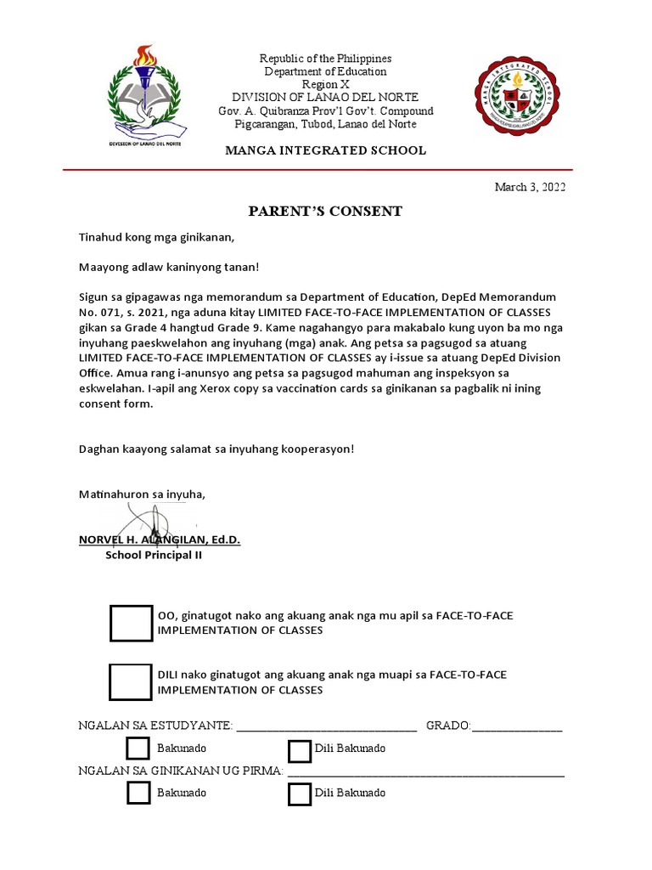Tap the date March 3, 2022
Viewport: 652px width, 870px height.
click(530, 188)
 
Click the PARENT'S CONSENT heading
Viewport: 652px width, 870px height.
click(324, 212)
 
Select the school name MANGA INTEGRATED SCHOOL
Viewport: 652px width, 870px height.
click(325, 150)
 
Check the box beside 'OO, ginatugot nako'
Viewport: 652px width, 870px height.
click(131, 624)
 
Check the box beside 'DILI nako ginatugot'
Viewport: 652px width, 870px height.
click(131, 681)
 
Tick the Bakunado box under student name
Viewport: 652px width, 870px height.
click(138, 749)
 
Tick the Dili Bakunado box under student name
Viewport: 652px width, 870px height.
click(299, 751)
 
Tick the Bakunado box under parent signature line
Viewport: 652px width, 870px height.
click(138, 793)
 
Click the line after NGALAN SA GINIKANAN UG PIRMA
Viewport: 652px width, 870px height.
click(425, 773)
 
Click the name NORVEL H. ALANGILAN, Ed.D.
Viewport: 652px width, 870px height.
click(160, 540)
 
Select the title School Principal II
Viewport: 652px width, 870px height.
click(154, 556)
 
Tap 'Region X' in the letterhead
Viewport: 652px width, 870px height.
click(324, 85)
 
